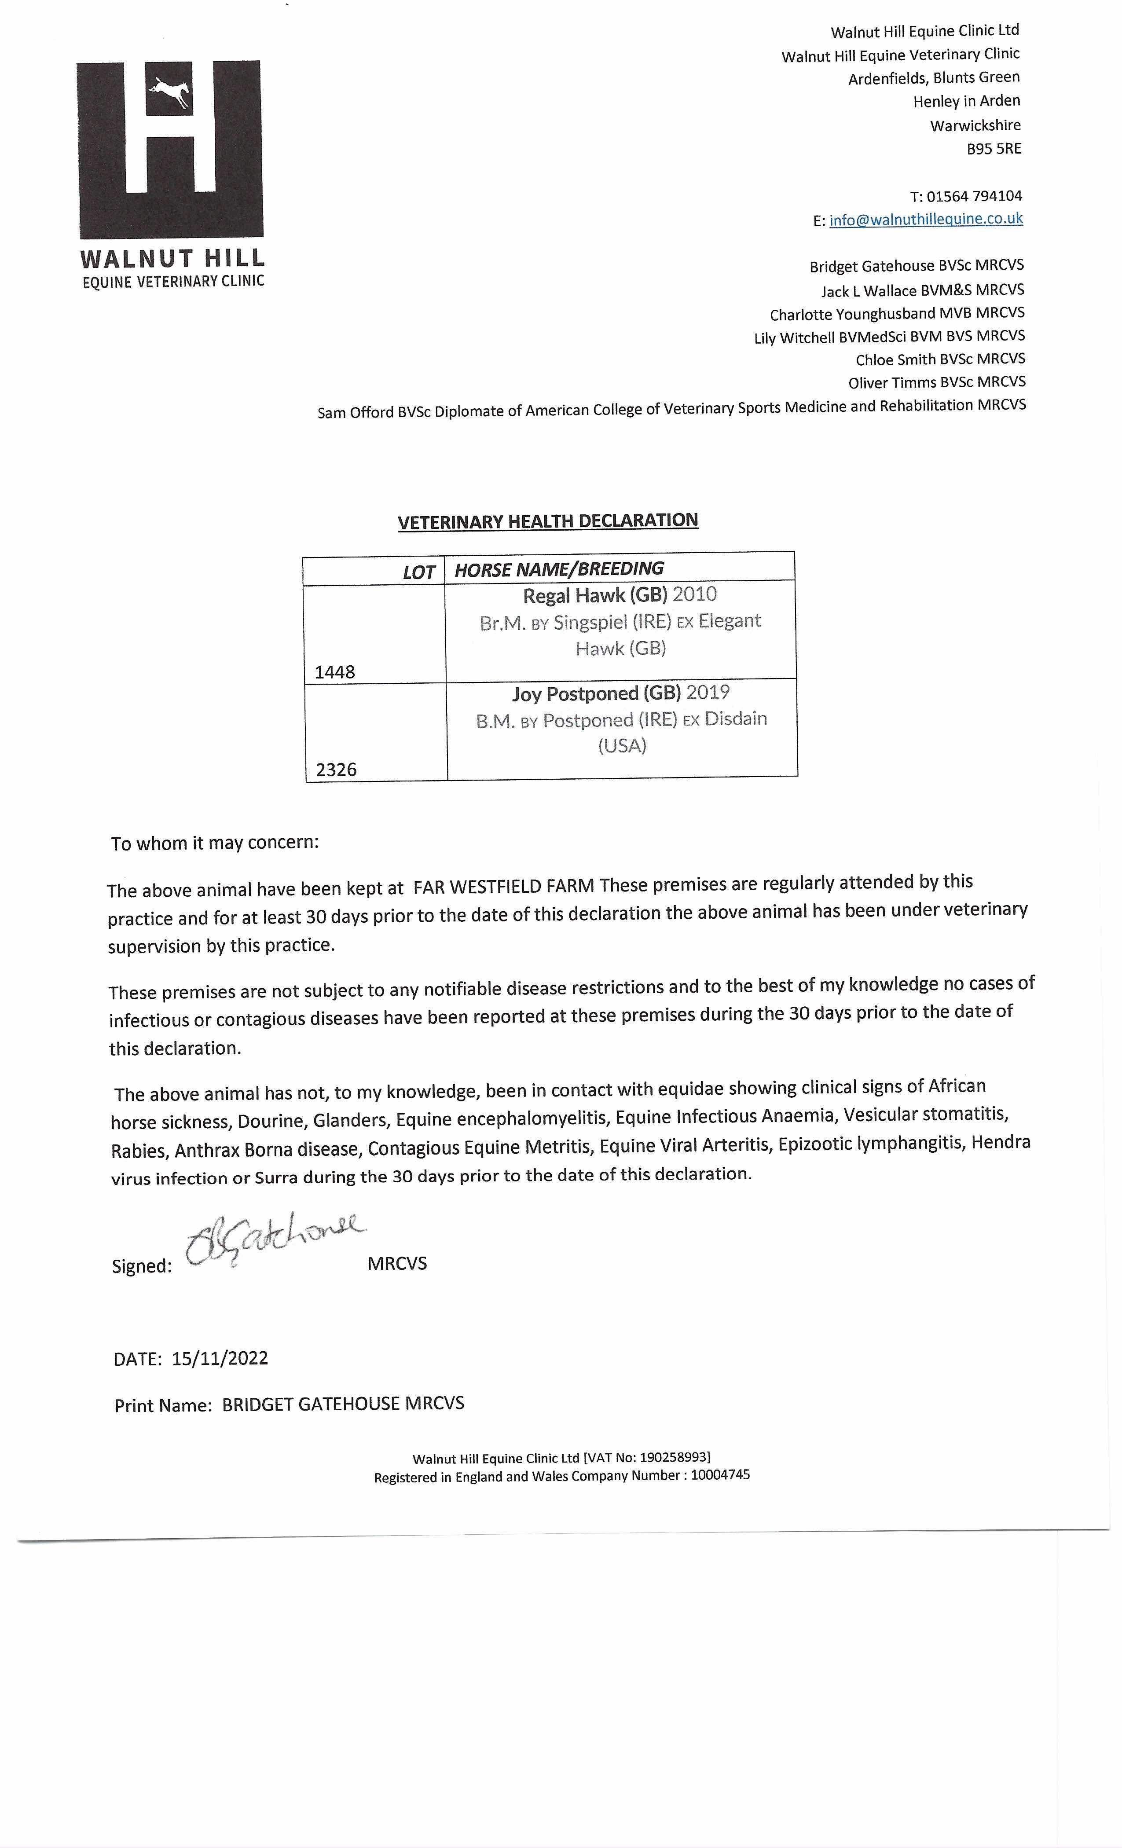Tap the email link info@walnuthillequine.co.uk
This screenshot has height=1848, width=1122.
(925, 219)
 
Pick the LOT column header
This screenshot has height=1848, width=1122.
(418, 572)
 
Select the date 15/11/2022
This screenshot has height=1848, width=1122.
(220, 1358)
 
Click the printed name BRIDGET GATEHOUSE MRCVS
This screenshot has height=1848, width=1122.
(343, 1404)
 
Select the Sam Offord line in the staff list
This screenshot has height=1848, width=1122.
(671, 409)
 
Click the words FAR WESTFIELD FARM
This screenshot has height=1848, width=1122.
(503, 887)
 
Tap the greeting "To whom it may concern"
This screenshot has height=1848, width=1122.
(215, 843)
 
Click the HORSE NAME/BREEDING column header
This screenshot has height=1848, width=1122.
(559, 569)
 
